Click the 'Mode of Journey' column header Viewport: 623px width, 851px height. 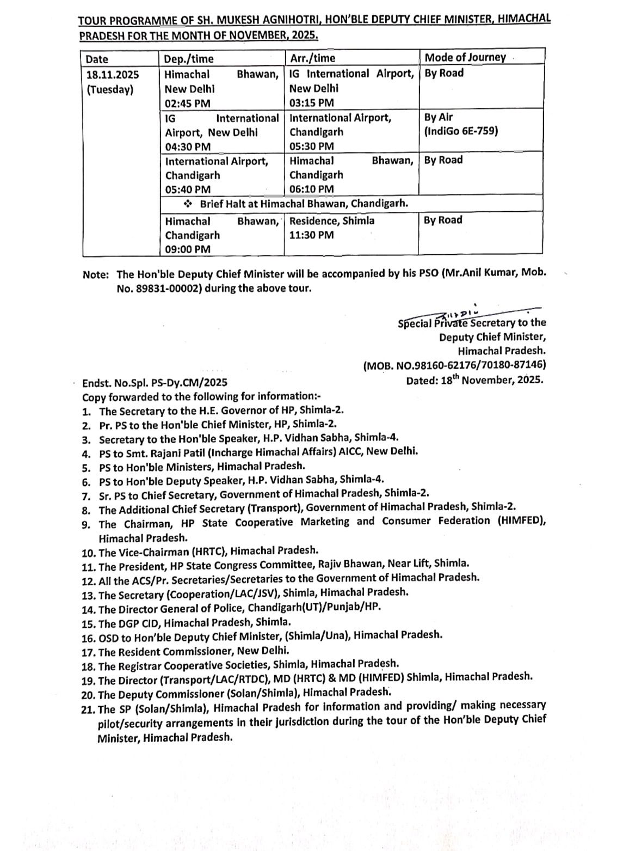click(465, 58)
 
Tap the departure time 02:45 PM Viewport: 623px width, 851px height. click(187, 103)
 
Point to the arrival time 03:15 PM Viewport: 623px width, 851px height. click(312, 103)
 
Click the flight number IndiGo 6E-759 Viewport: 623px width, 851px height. click(461, 131)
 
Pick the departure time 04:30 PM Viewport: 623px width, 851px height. click(188, 147)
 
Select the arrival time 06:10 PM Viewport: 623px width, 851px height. click(312, 189)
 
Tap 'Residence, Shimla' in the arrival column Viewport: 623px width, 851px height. click(332, 221)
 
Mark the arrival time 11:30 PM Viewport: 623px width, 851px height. click(312, 235)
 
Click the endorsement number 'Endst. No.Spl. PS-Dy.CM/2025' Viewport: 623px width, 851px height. click(155, 383)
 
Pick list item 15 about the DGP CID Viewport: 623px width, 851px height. click(194, 621)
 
